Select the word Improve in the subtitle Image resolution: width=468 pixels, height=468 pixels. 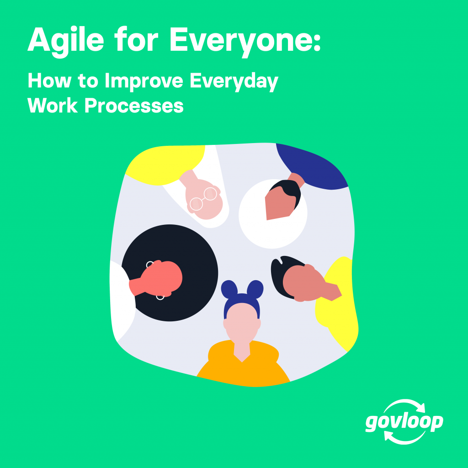point(144,81)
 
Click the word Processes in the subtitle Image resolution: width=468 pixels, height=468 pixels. point(134,106)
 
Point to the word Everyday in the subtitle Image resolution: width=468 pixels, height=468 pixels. point(234,81)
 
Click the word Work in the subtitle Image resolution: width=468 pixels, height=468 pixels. point(53,106)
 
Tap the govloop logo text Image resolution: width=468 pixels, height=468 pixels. point(404,422)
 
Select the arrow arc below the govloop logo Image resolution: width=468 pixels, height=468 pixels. point(404,441)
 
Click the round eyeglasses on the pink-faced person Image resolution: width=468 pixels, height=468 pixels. point(203,199)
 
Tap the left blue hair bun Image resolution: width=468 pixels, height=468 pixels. point(229,290)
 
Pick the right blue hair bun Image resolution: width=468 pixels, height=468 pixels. point(255,289)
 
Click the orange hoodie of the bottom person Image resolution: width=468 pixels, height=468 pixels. point(243,366)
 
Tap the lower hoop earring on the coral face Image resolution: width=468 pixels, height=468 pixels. point(160,297)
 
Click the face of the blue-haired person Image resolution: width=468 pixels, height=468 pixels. point(242,322)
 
